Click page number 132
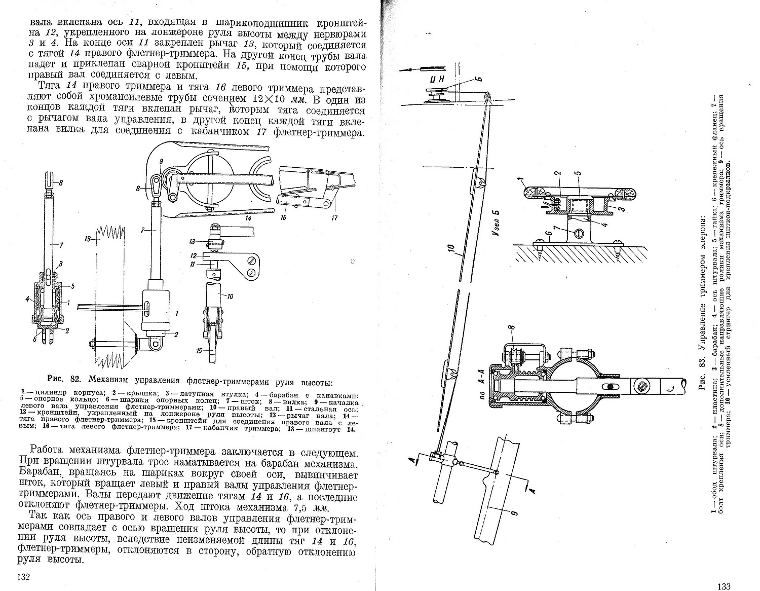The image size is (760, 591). tap(24, 577)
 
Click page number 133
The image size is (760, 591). tap(724, 586)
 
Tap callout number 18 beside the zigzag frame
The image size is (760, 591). tap(88, 239)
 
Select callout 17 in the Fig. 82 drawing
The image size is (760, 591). tap(335, 218)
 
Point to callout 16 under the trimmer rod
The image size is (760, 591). tap(283, 217)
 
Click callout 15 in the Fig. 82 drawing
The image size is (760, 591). tap(200, 350)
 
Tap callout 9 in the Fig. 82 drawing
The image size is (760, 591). tap(161, 161)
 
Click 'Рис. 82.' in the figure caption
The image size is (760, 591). tap(65, 379)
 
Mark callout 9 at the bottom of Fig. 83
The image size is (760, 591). tap(514, 513)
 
